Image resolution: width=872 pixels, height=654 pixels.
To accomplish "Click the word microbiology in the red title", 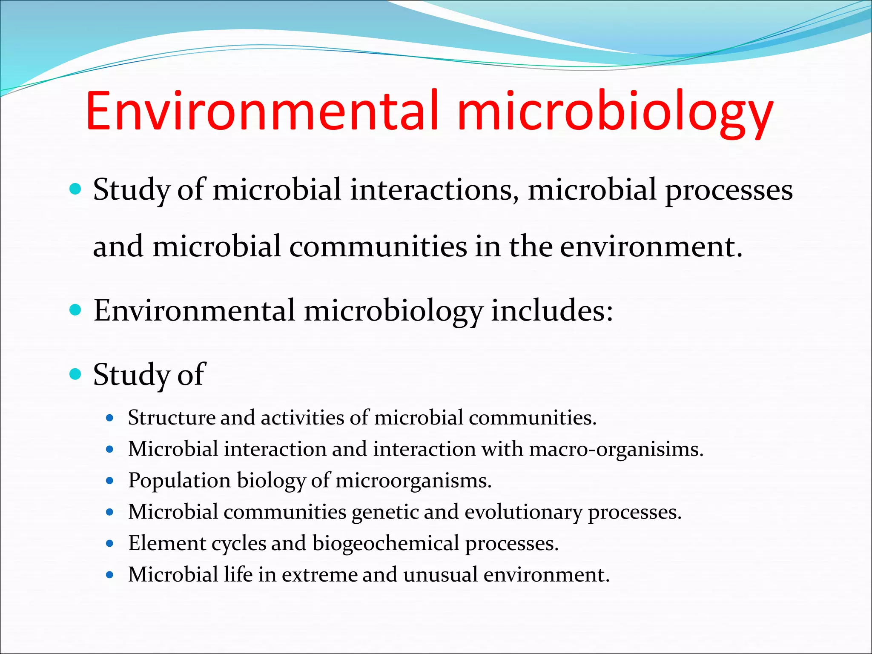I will click(615, 113).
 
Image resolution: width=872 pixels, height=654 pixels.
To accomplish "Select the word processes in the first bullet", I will click(729, 191).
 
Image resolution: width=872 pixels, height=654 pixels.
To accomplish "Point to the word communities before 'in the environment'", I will click(378, 247).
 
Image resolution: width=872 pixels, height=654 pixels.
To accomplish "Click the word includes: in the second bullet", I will click(552, 311).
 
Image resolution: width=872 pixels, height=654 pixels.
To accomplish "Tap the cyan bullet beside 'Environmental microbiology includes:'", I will click(75, 310).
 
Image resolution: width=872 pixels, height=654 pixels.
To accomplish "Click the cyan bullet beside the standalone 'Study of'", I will click(75, 374).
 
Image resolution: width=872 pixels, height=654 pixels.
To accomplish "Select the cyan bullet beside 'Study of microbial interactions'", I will click(75, 189).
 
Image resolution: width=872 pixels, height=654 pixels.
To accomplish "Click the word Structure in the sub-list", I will click(171, 418).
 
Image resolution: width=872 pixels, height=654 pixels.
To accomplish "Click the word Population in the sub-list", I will click(179, 481).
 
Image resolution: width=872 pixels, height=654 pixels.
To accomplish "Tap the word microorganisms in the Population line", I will click(413, 481).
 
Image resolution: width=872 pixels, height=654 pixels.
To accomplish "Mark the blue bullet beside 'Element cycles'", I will click(110, 544).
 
